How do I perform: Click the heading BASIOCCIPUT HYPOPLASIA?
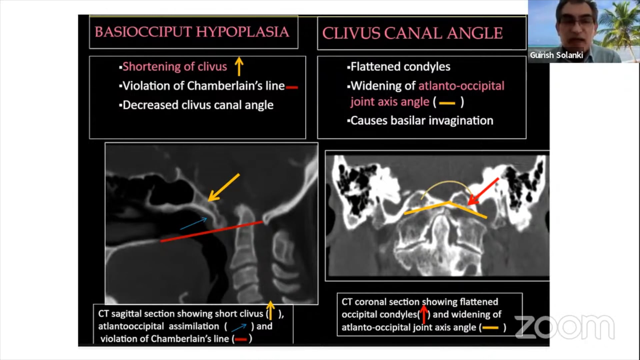coord(192,32)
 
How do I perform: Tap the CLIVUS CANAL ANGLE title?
coord(412,33)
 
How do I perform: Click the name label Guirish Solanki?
coord(556,55)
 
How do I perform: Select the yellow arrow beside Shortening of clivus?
coord(239,66)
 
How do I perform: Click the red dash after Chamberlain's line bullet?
coord(292,88)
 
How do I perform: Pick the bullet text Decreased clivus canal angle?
coord(198,105)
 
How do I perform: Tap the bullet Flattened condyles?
coord(400,67)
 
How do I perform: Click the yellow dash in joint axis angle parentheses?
coord(447,103)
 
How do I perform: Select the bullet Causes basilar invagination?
coord(421,121)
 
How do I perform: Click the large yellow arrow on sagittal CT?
coord(223,187)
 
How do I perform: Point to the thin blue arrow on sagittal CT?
coord(194,224)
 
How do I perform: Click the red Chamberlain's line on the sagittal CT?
coord(211,231)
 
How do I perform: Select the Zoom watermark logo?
coord(565,327)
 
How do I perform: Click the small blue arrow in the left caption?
coord(239,327)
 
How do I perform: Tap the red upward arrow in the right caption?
coord(424,315)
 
